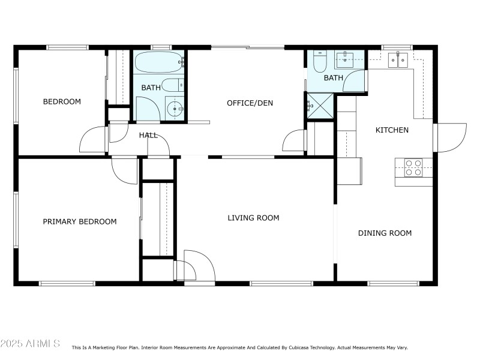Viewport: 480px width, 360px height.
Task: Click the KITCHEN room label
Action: [x=392, y=130]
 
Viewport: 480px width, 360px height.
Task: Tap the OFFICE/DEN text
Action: [x=250, y=103]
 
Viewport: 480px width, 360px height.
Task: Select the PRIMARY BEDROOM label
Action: [x=80, y=222]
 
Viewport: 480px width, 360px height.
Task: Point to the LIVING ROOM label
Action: [x=253, y=218]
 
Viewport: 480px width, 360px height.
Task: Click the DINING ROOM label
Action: [x=385, y=233]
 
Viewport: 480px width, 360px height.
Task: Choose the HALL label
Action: [x=148, y=136]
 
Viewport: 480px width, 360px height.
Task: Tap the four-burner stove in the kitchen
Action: [x=413, y=167]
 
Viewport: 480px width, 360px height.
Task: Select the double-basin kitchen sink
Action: [x=398, y=59]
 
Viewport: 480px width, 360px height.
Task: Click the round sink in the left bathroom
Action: [x=174, y=109]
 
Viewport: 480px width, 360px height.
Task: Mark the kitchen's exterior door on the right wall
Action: [x=450, y=137]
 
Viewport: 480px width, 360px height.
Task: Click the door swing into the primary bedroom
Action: [x=125, y=170]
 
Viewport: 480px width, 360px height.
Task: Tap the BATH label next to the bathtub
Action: [x=151, y=88]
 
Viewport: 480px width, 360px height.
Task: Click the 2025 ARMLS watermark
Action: [x=30, y=344]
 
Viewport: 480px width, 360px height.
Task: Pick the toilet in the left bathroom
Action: [x=172, y=85]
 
